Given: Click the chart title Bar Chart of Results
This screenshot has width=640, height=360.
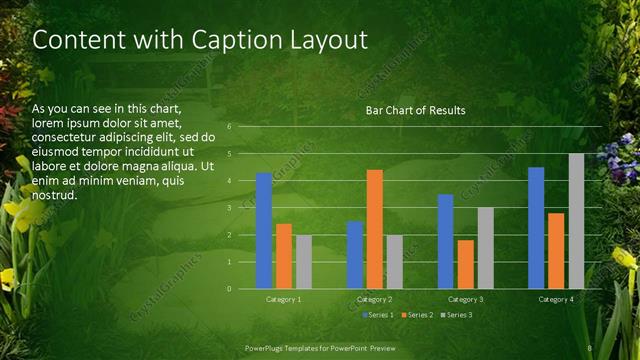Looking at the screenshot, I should (x=415, y=109).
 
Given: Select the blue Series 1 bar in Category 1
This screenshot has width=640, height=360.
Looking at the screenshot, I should (x=264, y=231).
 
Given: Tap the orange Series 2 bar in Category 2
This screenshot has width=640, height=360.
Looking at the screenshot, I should (x=375, y=229).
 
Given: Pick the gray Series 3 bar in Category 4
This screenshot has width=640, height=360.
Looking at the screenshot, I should (x=577, y=221).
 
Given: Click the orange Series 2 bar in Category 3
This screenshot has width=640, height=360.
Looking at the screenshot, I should (x=466, y=264).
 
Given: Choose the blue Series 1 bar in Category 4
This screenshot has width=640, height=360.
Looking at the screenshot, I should (x=536, y=228).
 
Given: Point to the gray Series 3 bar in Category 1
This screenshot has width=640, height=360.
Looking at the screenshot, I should (x=304, y=262).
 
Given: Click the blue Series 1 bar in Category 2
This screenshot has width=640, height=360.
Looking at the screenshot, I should (x=355, y=255).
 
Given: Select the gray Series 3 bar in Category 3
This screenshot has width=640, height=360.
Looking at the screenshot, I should (x=486, y=248).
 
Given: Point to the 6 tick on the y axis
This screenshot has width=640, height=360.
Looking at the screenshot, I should (x=229, y=127).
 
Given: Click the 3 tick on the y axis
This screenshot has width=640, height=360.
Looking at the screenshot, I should (x=229, y=208).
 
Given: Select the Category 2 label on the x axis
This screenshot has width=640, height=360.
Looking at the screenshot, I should (x=375, y=299).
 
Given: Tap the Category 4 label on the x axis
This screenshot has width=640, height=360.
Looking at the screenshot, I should (x=556, y=299).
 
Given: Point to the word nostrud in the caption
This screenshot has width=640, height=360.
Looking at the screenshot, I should (x=54, y=195).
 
